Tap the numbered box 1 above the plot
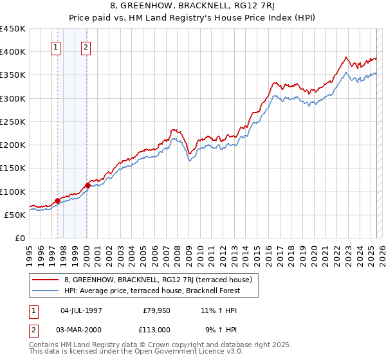click(x=56, y=47)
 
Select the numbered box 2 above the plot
click(x=86, y=47)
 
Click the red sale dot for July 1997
click(x=57, y=201)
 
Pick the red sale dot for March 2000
click(x=87, y=186)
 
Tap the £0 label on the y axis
click(x=19, y=238)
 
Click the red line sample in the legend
click(x=46, y=280)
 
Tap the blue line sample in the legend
click(x=46, y=291)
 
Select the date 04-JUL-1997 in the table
click(x=81, y=310)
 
